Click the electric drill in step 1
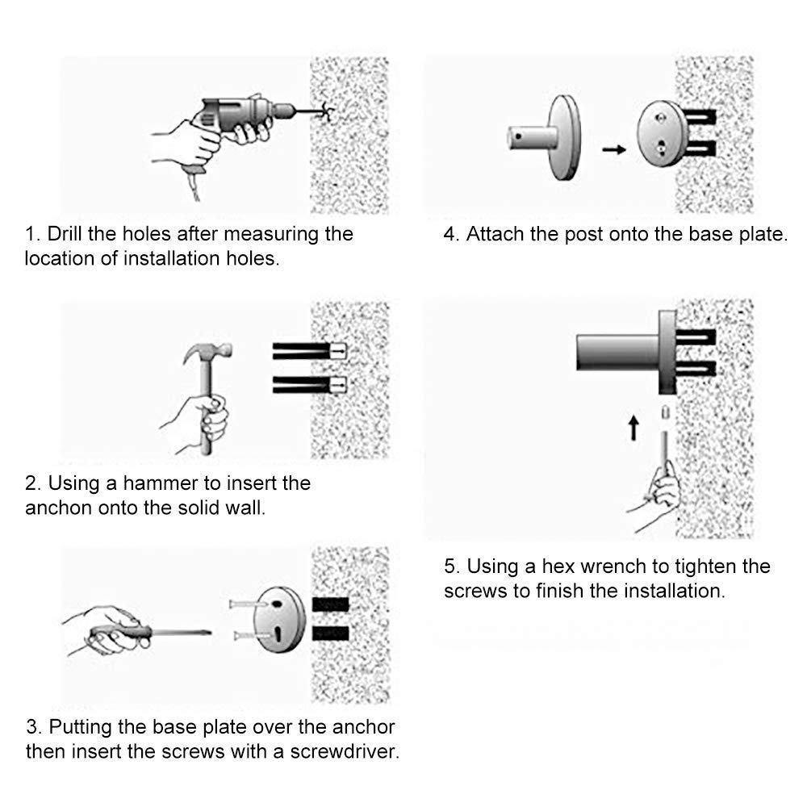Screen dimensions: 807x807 click(242, 115)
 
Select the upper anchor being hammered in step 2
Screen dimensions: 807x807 click(309, 351)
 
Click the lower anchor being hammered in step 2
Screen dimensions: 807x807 click(309, 384)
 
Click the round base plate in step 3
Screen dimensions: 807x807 click(279, 620)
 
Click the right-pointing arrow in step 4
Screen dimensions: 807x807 click(614, 150)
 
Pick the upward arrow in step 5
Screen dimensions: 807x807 click(633, 429)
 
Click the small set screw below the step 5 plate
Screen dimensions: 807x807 click(664, 412)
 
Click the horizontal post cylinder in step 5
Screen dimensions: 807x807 click(617, 353)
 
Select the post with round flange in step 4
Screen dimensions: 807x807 click(546, 137)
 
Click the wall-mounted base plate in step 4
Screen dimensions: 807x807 click(663, 134)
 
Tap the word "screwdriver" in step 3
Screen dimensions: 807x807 click(344, 752)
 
